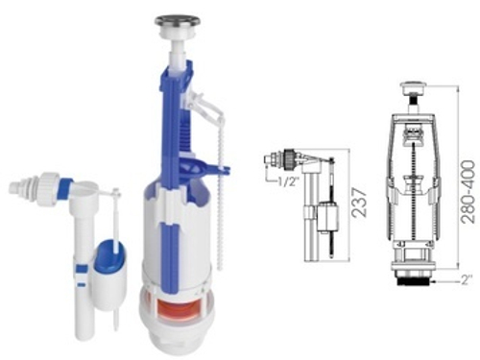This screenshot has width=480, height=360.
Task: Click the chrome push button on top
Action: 178,21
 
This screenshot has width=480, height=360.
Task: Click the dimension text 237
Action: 359,204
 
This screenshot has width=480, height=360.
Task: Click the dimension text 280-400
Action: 468,191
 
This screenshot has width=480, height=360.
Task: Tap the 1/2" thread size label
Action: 289,181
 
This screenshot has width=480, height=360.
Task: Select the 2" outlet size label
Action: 467,280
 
